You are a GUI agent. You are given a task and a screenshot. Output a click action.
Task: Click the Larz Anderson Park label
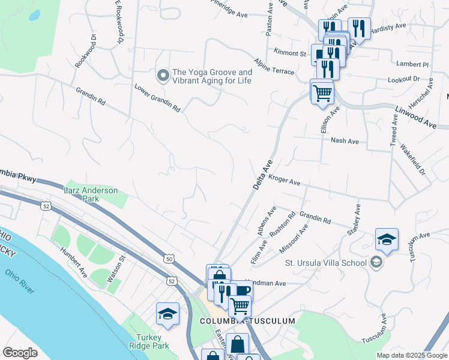pos(91,194)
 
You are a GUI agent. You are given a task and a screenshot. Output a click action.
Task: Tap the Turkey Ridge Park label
pos(149,341)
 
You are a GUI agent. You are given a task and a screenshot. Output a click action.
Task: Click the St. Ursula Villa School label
pos(325,262)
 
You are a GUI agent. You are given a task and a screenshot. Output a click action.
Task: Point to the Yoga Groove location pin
pos(163,76)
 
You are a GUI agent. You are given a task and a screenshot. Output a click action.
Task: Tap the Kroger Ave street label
pos(284,179)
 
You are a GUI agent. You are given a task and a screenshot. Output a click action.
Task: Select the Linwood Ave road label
pos(415,115)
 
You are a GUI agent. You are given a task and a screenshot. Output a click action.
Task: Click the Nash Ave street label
pos(345,141)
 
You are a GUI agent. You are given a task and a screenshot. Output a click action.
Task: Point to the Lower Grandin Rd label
pos(157,98)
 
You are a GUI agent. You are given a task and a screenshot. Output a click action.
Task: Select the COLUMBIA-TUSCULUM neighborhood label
pos(247,321)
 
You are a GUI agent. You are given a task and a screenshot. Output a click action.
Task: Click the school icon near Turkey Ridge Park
pos(167,313)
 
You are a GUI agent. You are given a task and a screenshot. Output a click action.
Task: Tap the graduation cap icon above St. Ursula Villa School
pos(387,239)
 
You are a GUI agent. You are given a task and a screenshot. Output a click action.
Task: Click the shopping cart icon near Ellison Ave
pos(322,92)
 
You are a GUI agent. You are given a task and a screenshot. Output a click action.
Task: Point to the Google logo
pos(20,353)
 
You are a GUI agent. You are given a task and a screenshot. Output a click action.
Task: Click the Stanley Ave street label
pos(354,220)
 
